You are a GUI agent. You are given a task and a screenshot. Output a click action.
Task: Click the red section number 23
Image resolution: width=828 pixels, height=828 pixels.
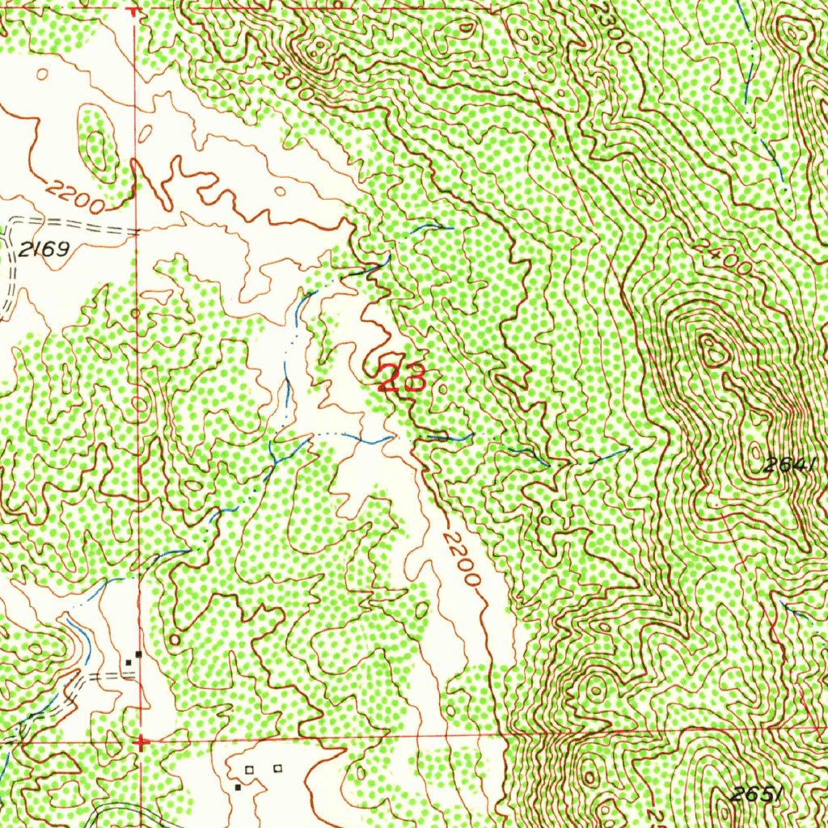[402, 378]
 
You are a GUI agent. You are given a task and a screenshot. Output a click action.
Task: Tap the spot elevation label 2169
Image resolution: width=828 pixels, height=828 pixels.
[44, 250]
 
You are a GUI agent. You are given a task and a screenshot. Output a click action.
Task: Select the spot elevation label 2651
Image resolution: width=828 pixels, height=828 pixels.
[756, 795]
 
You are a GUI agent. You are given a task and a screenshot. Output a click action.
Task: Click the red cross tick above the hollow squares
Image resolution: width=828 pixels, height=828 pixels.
[142, 741]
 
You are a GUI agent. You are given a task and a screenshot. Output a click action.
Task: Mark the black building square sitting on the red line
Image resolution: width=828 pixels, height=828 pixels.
[139, 653]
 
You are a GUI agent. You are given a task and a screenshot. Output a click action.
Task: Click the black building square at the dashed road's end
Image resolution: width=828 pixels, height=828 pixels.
[128, 663]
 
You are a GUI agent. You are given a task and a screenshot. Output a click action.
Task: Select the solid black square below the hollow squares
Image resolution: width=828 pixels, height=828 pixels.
[238, 787]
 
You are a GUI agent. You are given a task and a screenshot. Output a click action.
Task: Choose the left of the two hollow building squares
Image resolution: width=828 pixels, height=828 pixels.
[250, 768]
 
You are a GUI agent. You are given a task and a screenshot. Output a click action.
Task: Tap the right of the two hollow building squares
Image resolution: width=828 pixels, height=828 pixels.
[277, 767]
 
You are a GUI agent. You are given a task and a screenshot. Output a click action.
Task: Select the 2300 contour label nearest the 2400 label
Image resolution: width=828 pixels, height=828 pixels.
[613, 28]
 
